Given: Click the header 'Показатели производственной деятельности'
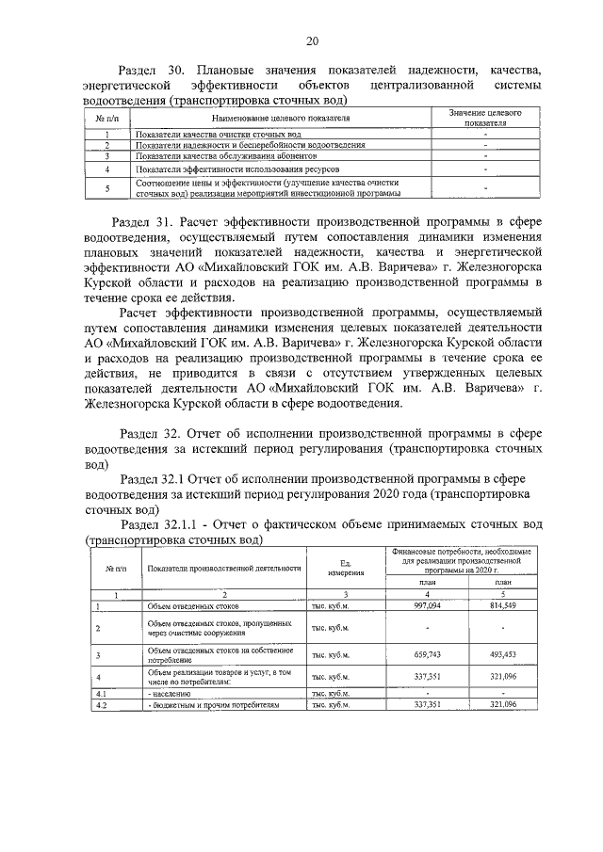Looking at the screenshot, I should (223, 568).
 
